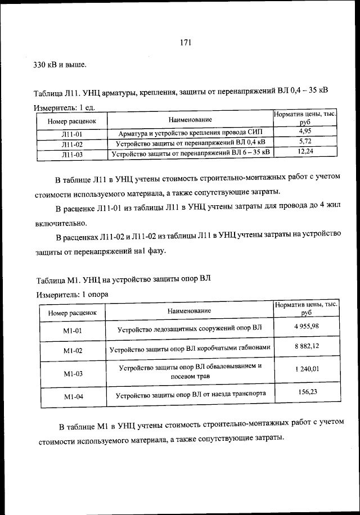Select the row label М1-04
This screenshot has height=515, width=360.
tap(73, 397)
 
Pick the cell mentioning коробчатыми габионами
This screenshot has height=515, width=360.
tap(190, 349)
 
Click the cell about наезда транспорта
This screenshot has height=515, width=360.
tap(190, 395)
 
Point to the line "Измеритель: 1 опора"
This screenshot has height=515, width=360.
tap(72, 294)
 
